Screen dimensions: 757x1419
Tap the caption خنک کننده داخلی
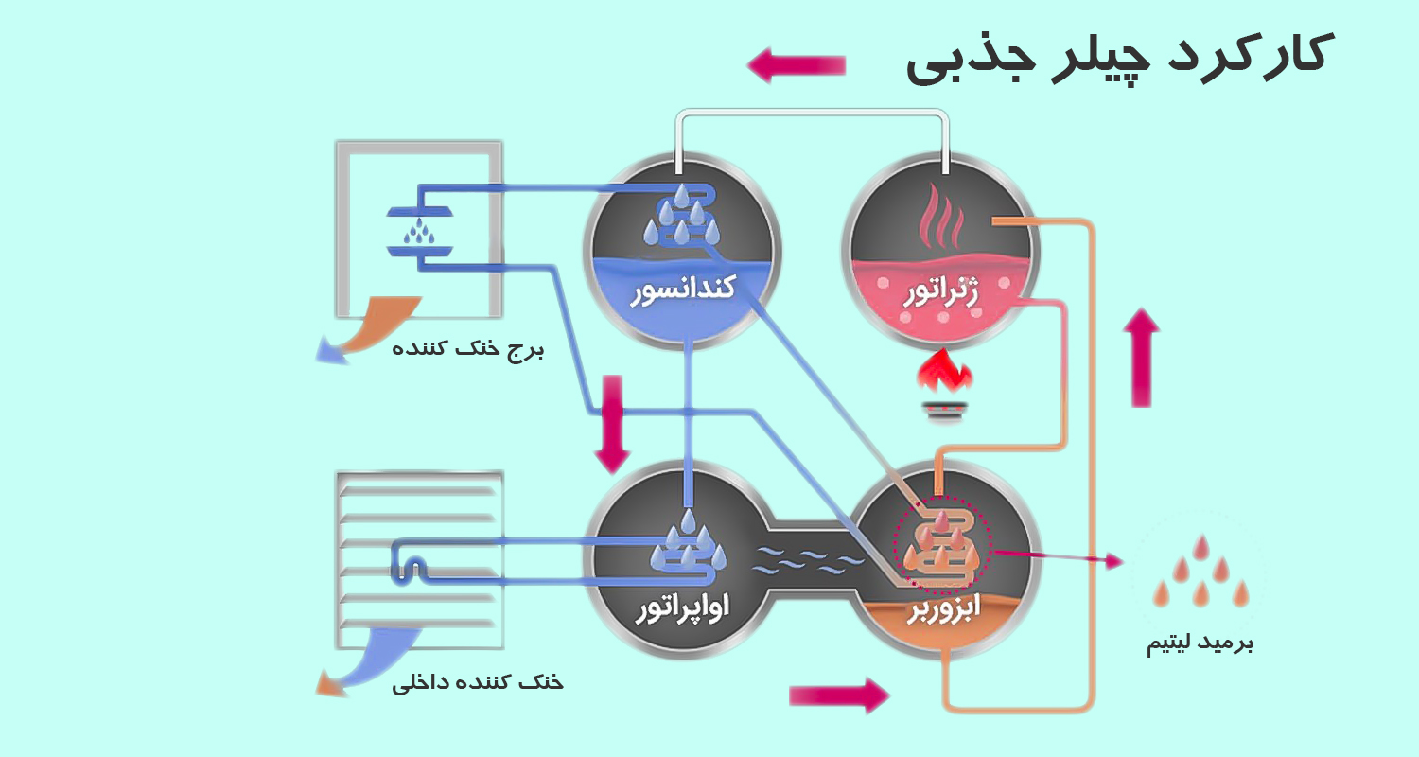coord(477,681)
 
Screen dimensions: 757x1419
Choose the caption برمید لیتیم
coord(1200,644)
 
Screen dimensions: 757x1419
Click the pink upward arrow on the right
coord(1142,358)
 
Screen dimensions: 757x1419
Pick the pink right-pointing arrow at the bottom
coord(839,695)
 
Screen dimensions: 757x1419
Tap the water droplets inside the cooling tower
coord(419,230)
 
